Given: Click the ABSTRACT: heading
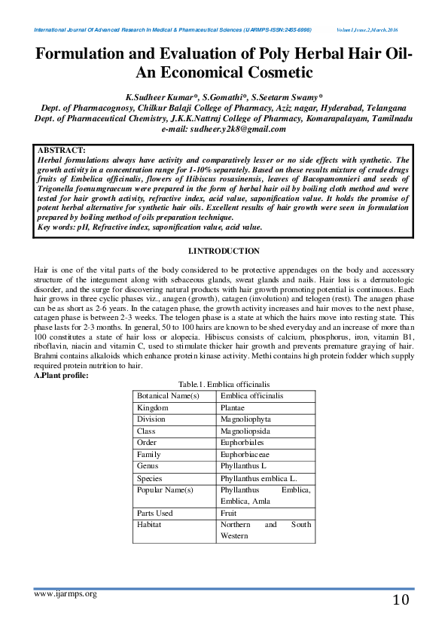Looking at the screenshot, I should click(x=61, y=151).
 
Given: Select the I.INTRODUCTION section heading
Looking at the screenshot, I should click(x=223, y=251).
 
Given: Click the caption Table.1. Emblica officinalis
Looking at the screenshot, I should click(x=223, y=384).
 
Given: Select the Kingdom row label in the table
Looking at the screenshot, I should click(x=154, y=407).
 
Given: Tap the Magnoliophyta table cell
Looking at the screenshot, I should click(x=245, y=419).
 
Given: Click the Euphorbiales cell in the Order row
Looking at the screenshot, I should click(x=242, y=443).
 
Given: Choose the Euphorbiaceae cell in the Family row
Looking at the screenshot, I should click(x=245, y=455).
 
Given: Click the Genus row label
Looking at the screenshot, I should click(x=148, y=467).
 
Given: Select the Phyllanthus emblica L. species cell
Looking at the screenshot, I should click(x=258, y=478).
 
